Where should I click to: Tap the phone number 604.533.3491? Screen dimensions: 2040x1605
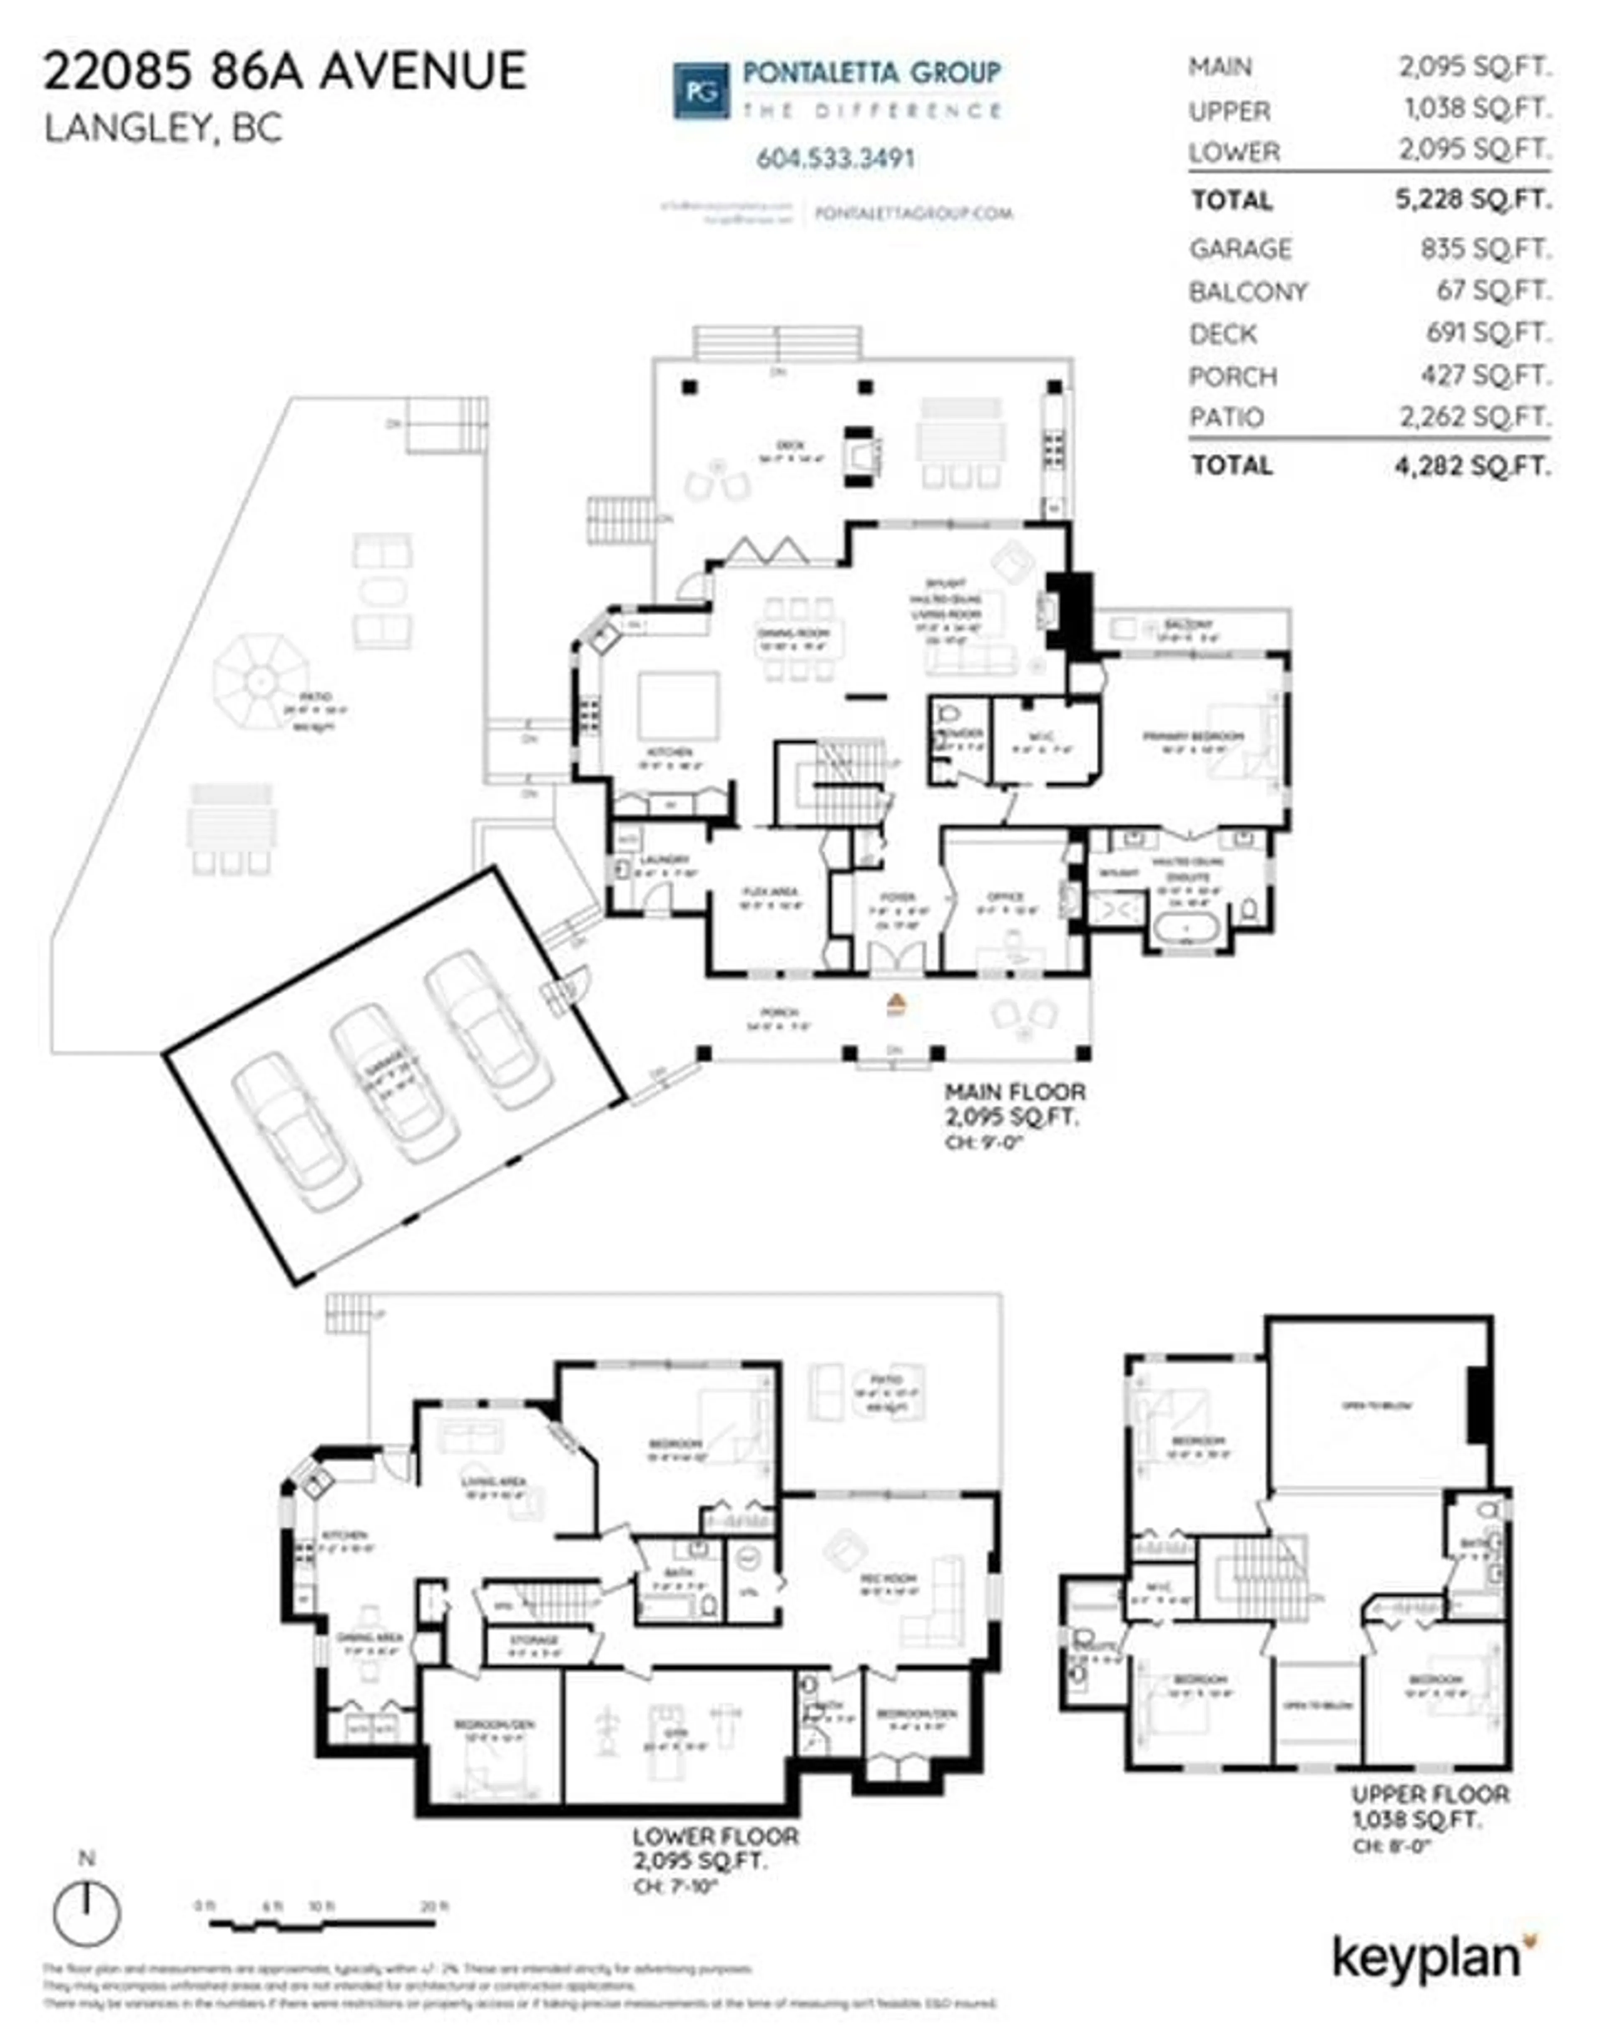point(836,158)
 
